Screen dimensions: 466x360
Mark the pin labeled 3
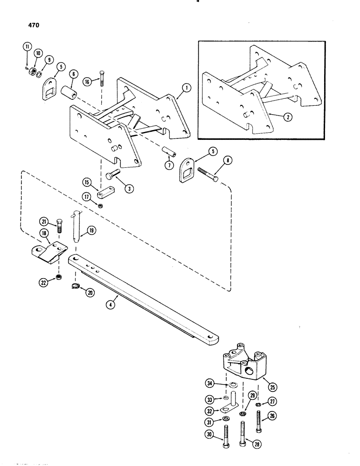pos(114,176)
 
